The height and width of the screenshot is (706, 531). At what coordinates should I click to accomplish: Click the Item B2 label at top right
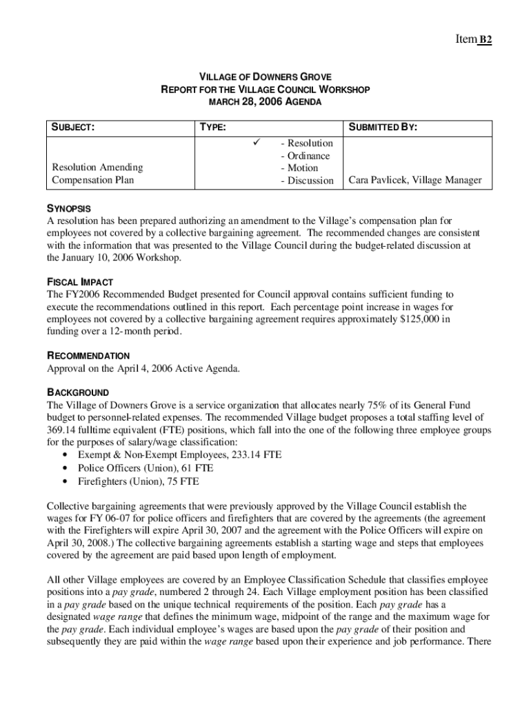473,39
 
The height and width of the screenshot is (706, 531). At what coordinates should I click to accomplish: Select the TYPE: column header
212,128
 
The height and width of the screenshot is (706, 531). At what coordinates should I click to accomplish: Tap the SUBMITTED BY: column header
383,128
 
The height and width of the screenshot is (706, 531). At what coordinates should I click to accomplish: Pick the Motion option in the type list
300,168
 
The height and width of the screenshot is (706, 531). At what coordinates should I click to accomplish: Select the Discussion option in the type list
307,181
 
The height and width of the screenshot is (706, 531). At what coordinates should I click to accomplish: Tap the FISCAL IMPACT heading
79,282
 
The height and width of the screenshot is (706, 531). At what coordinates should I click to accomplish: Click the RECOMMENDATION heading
88,356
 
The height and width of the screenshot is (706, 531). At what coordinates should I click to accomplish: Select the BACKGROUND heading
77,392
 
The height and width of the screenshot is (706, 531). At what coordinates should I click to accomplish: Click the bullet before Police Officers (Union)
64,467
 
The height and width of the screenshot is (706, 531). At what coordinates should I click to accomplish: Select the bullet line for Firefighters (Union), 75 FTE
138,481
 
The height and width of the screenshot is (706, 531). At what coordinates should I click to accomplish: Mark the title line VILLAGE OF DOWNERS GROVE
265,77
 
